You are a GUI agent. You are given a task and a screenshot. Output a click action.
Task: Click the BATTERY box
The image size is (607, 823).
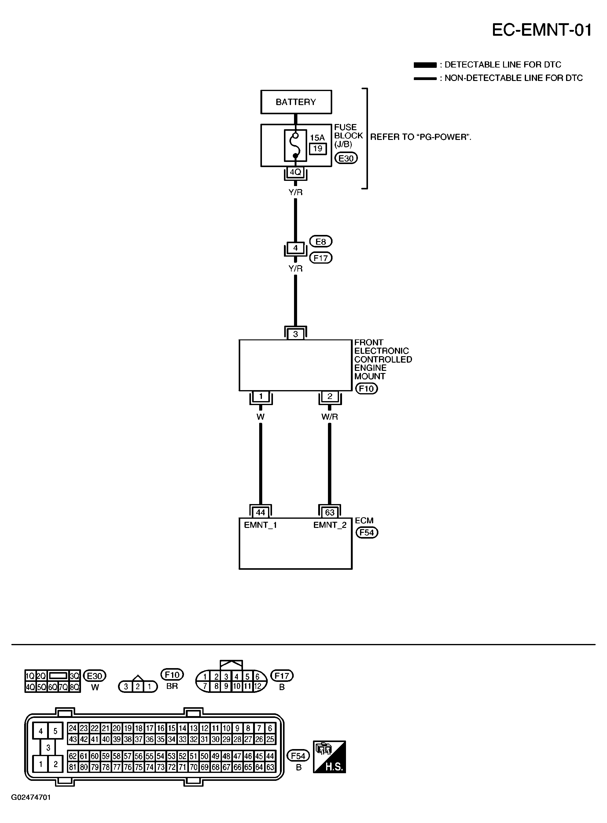296,102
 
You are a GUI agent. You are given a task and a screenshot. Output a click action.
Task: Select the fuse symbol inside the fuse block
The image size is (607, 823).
296,145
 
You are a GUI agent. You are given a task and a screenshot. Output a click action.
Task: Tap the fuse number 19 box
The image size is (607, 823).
318,149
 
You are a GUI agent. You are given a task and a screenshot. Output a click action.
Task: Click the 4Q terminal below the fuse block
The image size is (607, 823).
296,172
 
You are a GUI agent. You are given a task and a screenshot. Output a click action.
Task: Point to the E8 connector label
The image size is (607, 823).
321,242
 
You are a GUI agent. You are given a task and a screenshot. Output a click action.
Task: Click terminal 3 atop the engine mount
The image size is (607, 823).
296,334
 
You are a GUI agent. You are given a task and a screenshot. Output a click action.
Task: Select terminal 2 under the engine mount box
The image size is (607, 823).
329,396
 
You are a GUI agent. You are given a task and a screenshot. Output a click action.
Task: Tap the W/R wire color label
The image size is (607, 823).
329,417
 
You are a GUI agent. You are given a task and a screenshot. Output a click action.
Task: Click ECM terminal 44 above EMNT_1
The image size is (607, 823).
260,512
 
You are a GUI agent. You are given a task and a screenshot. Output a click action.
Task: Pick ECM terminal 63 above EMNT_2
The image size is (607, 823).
329,512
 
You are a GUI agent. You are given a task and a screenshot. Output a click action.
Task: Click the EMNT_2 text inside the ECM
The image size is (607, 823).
329,525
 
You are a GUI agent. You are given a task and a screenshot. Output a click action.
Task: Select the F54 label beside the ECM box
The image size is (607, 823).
367,532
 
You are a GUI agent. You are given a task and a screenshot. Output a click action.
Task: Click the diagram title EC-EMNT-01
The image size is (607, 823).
542,30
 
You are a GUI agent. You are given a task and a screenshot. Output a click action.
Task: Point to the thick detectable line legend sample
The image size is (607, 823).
425,65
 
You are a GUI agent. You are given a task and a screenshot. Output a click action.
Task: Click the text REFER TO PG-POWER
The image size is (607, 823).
420,137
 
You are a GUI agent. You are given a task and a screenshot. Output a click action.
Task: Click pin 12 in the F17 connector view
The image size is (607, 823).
258,686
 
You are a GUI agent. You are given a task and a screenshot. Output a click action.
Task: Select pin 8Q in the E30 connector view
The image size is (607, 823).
75,687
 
